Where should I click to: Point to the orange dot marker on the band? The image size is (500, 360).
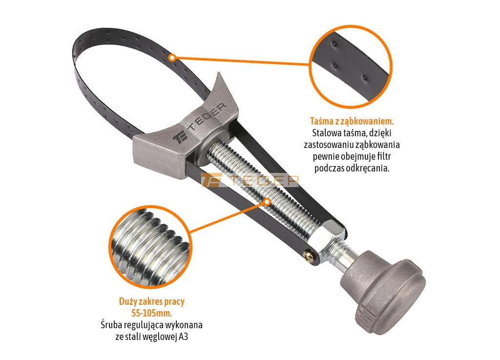pos(172,58)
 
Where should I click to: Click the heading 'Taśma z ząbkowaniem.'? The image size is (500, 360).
pos(352,122)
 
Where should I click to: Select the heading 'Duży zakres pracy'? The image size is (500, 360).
pos(152,301)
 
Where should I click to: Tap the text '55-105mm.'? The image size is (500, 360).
pos(152,313)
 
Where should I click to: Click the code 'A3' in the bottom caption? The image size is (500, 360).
pos(184,337)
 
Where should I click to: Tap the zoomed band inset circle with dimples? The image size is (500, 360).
pos(351,66)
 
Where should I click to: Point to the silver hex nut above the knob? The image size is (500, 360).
pos(333,231)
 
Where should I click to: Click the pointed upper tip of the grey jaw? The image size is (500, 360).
pos(219,73)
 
